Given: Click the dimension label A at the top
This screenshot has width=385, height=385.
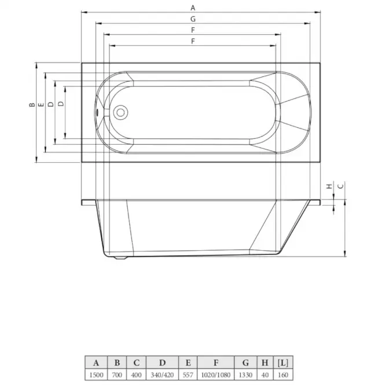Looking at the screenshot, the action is coord(193,8).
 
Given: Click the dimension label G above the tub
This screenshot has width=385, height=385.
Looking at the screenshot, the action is coord(193,19).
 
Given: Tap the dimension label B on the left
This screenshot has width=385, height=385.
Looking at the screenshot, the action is coord(32,105).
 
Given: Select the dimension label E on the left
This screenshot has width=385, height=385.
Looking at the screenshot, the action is coord(41,105).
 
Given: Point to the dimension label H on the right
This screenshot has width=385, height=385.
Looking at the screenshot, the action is coord(329,186).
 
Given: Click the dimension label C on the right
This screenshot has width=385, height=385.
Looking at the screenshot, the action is coord(341,186).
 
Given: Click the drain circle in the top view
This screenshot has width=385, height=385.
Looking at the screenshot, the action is coord(120,112).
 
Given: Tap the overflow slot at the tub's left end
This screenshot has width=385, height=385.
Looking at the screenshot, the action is coord(98,112).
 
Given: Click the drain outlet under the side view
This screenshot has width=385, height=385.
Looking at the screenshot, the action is coord(120,257).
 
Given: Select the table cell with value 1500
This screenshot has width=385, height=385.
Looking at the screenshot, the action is coord(96,375).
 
